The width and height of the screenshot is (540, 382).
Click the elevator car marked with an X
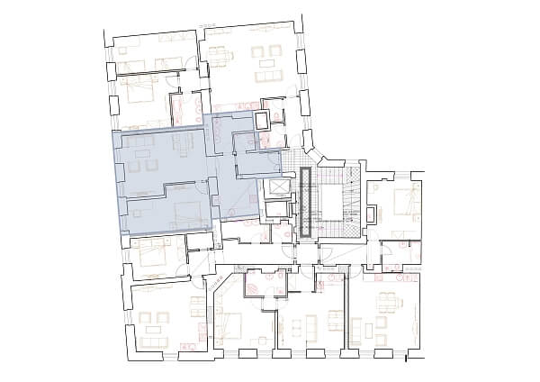[278, 187]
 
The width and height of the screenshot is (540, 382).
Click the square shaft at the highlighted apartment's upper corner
[262, 120]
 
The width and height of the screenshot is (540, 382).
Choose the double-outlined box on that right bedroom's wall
[372, 214]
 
